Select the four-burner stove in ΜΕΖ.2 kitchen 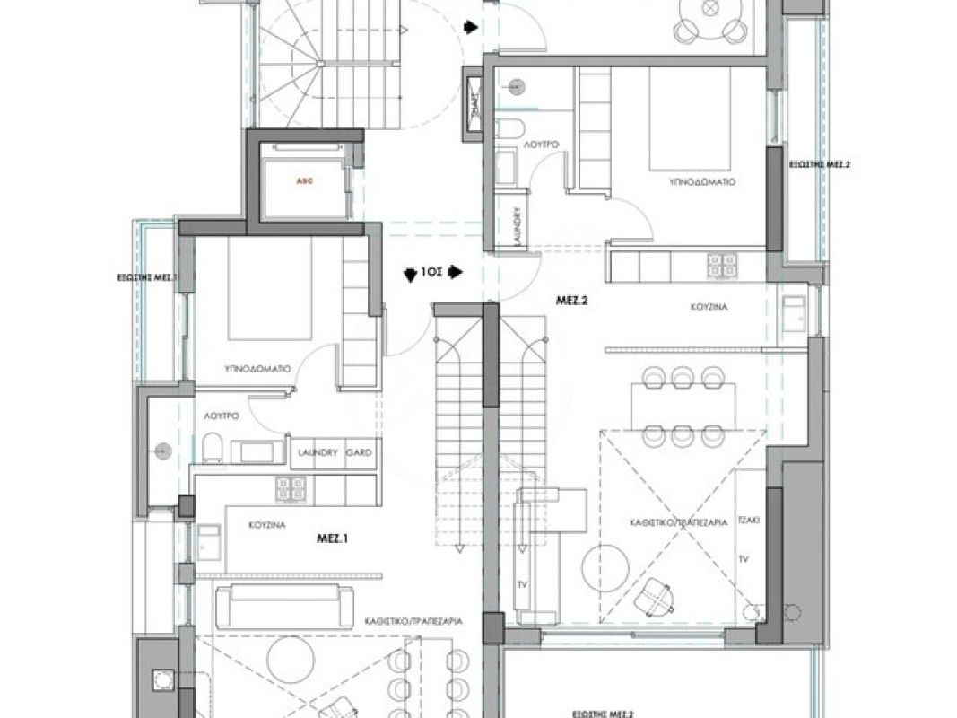[723, 266]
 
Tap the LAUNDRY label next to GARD [318, 453]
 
